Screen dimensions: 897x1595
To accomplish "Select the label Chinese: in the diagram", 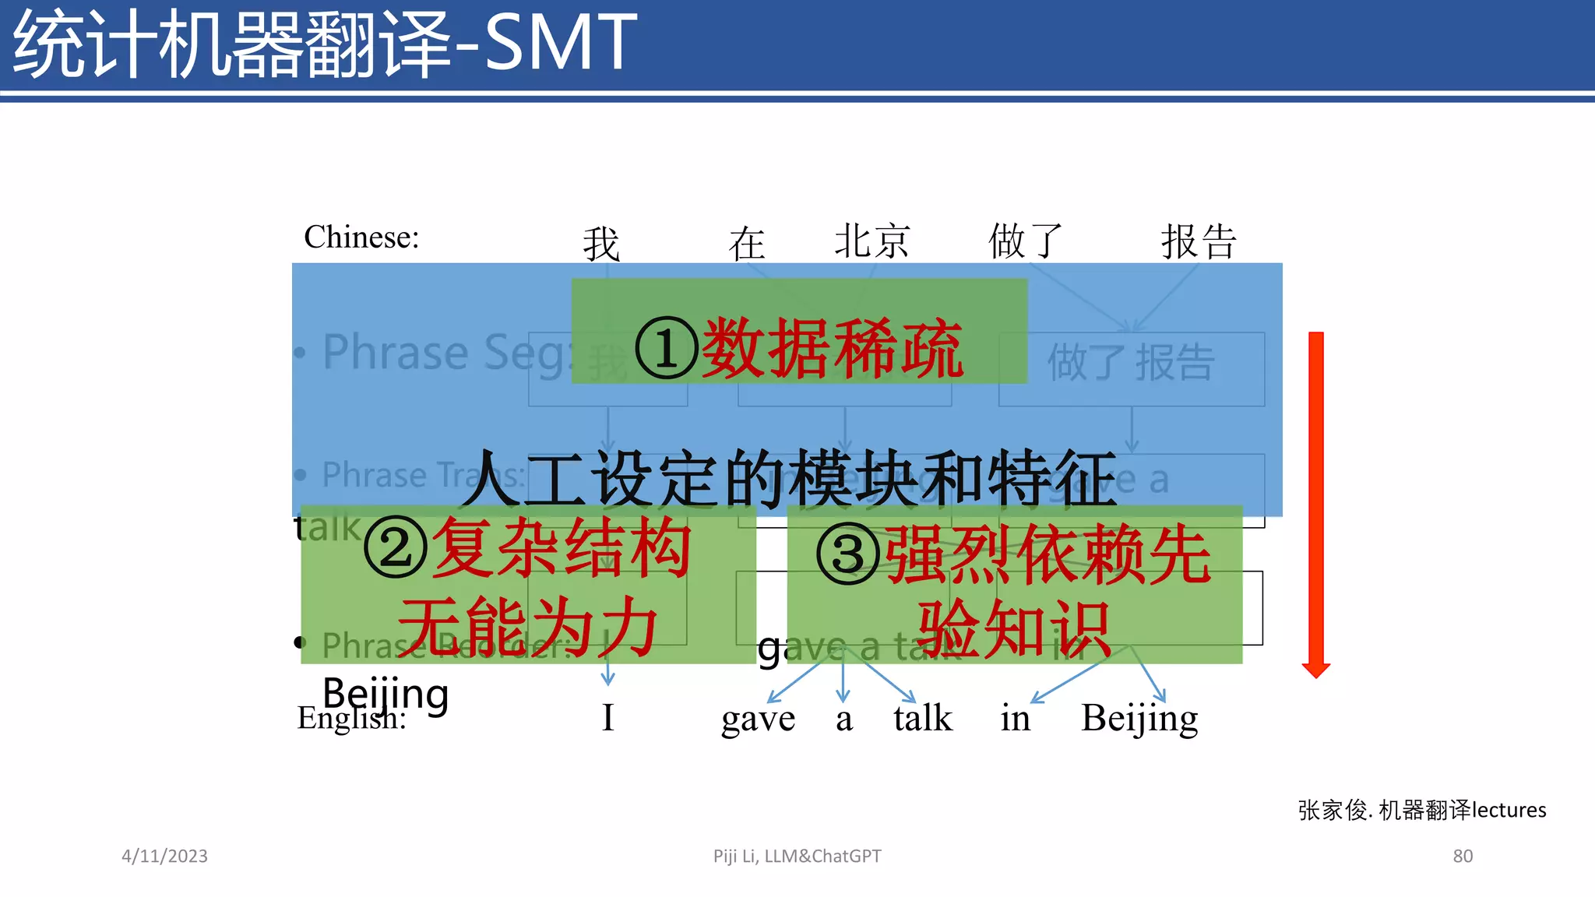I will click(361, 237).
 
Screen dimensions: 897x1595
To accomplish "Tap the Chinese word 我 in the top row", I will click(601, 244).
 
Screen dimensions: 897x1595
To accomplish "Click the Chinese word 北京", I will click(871, 241).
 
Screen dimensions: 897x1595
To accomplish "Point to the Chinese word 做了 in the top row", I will click(1025, 241).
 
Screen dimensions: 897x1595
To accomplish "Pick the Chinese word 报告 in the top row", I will click(1199, 241).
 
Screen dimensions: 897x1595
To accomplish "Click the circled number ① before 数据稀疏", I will click(666, 349).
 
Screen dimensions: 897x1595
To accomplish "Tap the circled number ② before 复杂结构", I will click(396, 548).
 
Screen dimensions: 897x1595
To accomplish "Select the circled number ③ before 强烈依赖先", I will click(848, 554).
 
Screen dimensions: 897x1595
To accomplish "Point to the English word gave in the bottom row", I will click(758, 719).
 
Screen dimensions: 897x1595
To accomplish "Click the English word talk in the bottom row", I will click(923, 718).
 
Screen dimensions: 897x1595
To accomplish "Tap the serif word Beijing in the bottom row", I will click(1139, 719).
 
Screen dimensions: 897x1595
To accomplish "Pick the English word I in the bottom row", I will click(608, 718).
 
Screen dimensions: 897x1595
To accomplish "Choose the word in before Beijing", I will click(1015, 718).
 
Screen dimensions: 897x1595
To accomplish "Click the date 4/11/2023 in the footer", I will click(164, 856).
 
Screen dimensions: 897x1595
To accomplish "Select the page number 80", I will click(1463, 856).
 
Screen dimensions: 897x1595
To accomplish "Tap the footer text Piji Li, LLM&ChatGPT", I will click(797, 856).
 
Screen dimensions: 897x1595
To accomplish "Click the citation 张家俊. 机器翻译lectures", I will click(1421, 810).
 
